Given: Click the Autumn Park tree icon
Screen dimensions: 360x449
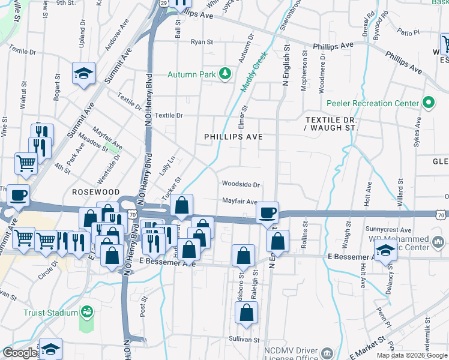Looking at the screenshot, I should click(225, 74).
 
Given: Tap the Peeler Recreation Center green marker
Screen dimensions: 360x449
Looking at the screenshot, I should click(428, 103).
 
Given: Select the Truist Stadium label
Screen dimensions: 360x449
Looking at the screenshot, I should click(50, 313).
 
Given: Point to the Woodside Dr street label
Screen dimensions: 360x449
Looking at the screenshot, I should click(241, 185).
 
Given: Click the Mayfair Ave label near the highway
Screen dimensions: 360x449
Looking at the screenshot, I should click(240, 202).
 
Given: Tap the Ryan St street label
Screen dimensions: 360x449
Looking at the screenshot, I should click(202, 42).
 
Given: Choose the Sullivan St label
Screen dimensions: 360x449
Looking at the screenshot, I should click(236, 339).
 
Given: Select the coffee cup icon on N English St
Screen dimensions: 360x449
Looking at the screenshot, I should click(267, 212).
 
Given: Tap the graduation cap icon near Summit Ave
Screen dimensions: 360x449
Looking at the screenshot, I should click(83, 74).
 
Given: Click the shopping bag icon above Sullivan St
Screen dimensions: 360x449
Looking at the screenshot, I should click(246, 313).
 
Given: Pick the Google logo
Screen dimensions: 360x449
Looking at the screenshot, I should click(20, 353).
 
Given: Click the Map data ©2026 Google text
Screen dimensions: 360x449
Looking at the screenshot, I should click(412, 355).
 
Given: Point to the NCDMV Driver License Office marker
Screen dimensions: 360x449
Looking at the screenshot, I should click(327, 352).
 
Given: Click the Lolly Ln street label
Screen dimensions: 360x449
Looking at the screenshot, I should click(169, 164).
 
